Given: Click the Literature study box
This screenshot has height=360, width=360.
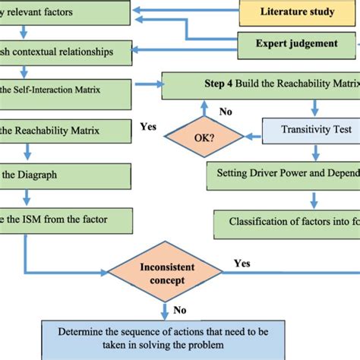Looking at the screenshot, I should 299,13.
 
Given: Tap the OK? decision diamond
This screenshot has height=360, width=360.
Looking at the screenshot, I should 204,139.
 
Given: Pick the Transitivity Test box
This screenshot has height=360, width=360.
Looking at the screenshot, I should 310,130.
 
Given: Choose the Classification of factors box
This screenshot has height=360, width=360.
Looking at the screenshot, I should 286,222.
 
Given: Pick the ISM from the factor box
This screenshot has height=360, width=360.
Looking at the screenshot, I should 65,220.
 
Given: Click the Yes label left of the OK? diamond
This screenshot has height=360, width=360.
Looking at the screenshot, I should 148,127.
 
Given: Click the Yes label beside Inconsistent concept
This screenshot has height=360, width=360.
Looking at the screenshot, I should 242,264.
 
